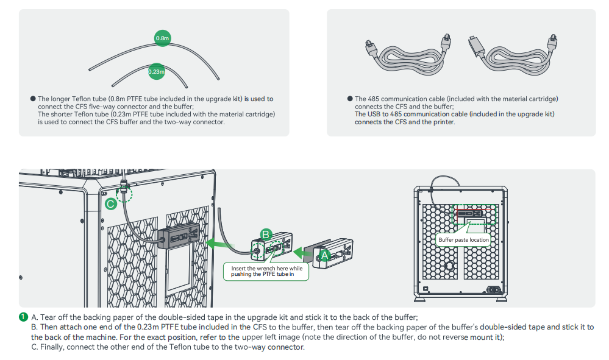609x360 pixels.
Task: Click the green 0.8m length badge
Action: pos(162,38)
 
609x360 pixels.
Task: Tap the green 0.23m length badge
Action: pos(157,72)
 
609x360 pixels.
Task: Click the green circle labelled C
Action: pos(110,204)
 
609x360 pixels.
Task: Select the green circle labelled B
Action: pos(265,234)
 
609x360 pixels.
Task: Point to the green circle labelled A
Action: pos(324,256)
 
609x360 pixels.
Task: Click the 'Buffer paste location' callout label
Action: pos(464,240)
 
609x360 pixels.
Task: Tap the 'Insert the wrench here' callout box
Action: pos(266,272)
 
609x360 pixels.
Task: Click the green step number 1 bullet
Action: pos(23,317)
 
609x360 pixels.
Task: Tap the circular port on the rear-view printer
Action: pos(449,266)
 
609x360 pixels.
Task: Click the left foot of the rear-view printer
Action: pos(421,298)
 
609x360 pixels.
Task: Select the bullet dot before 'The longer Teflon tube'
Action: pos(33,99)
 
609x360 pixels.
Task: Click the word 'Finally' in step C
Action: pos(51,347)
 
